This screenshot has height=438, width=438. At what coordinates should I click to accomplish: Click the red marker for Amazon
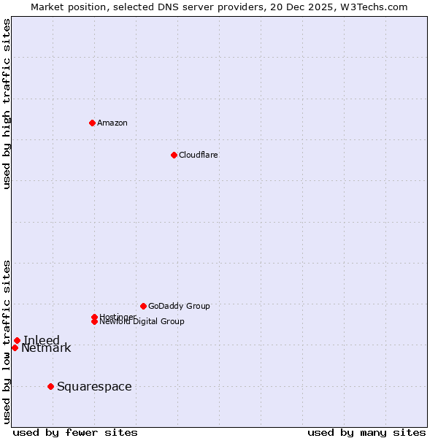point(92,123)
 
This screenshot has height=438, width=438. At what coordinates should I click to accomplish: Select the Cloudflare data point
point(174,155)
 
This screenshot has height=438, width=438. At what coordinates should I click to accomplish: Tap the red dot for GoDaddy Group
point(143,306)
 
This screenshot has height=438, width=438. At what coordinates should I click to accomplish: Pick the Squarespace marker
point(50,386)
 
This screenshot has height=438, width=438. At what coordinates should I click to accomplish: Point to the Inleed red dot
point(17,340)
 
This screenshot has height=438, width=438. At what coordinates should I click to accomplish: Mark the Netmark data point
point(15,347)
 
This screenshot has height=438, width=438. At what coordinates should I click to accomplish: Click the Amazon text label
point(112,123)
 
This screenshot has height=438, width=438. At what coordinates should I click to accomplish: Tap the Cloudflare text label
point(199,155)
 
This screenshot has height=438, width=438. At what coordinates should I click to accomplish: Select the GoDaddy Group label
point(179,306)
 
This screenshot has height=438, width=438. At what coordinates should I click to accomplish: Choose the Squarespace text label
point(94,386)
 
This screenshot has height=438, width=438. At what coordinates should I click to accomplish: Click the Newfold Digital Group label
point(142,322)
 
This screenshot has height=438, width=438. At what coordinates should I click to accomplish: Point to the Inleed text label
point(42,340)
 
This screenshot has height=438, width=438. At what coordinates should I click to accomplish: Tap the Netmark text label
point(46,348)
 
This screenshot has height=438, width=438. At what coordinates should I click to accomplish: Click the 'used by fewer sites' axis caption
point(75,432)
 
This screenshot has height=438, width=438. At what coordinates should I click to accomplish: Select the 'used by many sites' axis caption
point(366,432)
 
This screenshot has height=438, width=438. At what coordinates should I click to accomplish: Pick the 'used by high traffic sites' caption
point(7,104)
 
